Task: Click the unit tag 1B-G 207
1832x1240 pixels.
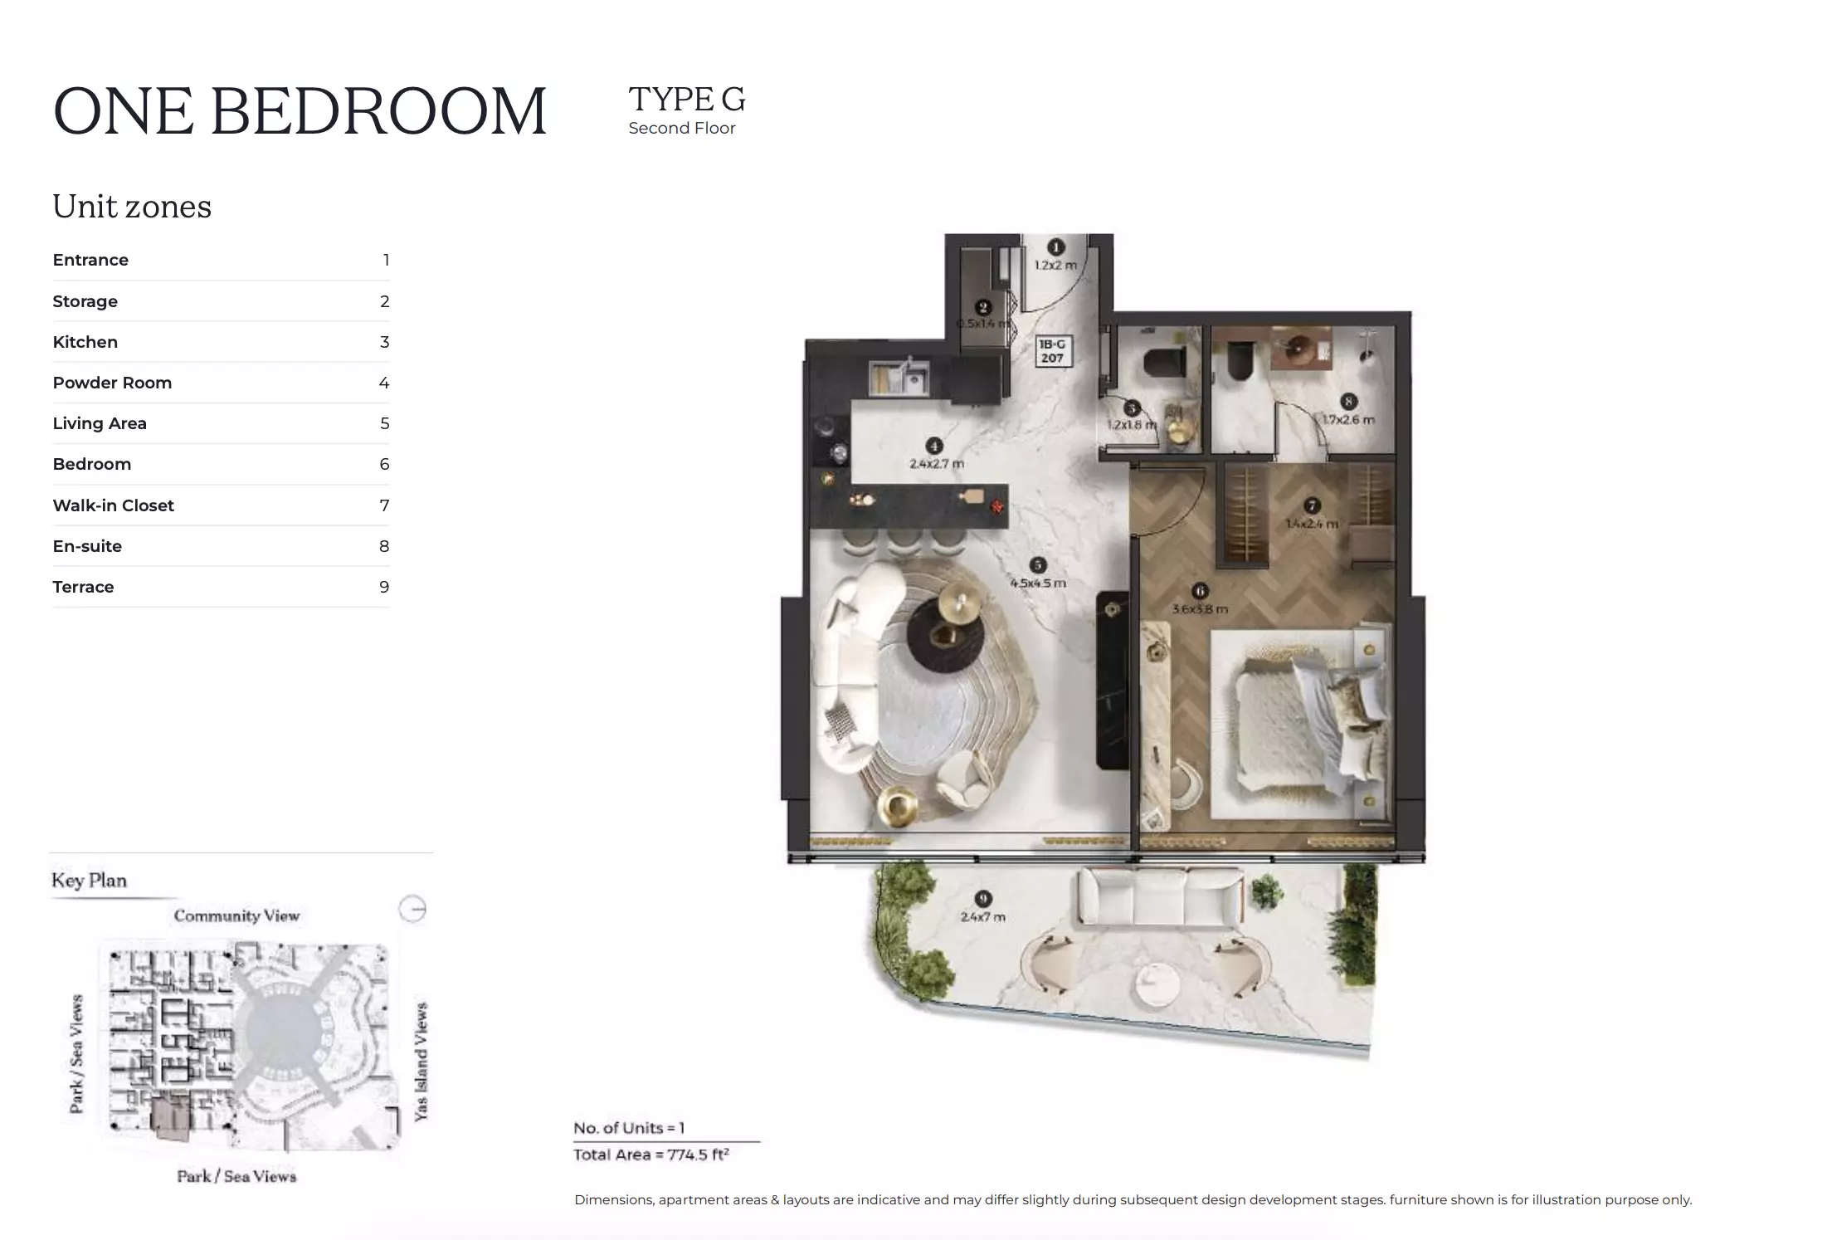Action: tap(1052, 351)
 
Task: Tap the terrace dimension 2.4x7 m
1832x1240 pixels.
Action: tap(982, 917)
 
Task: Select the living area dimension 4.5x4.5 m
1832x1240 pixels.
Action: tap(1037, 583)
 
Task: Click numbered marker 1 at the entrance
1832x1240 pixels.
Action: tap(1055, 247)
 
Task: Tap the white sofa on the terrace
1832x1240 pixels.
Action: tap(1159, 897)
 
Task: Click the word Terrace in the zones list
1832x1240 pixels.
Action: tap(83, 587)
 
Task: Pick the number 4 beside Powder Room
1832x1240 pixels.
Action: tap(383, 383)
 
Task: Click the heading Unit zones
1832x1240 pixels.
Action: tap(132, 207)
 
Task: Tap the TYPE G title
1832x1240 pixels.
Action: tap(686, 99)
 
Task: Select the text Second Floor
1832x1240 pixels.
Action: tap(681, 128)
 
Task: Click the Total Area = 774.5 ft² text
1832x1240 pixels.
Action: tap(650, 1155)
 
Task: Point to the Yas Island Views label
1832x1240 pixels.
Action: tap(421, 1062)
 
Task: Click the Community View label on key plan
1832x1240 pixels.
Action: tap(236, 915)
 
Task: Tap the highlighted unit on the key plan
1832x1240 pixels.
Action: tap(171, 1116)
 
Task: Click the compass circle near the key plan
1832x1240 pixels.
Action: tap(412, 909)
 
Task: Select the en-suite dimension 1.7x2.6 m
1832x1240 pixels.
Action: tap(1347, 420)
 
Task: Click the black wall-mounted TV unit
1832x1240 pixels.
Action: tap(1112, 679)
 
